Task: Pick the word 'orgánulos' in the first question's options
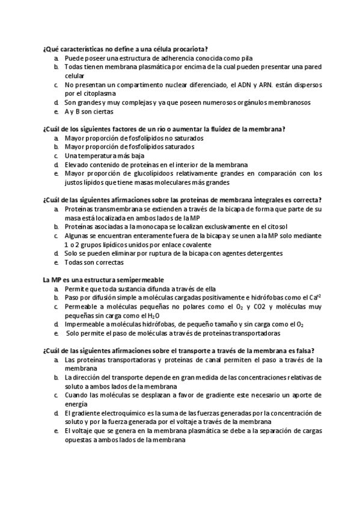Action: click(236, 102)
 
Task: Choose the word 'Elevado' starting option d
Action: click(77, 165)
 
